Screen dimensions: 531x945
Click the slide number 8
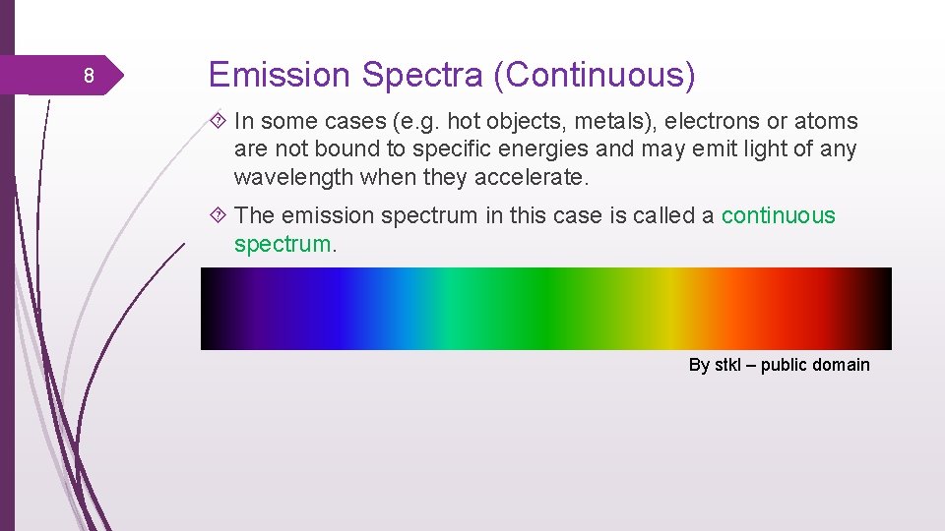click(88, 77)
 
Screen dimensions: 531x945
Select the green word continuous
click(778, 215)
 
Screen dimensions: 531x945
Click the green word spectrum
click(283, 243)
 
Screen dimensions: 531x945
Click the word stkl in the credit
click(726, 365)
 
